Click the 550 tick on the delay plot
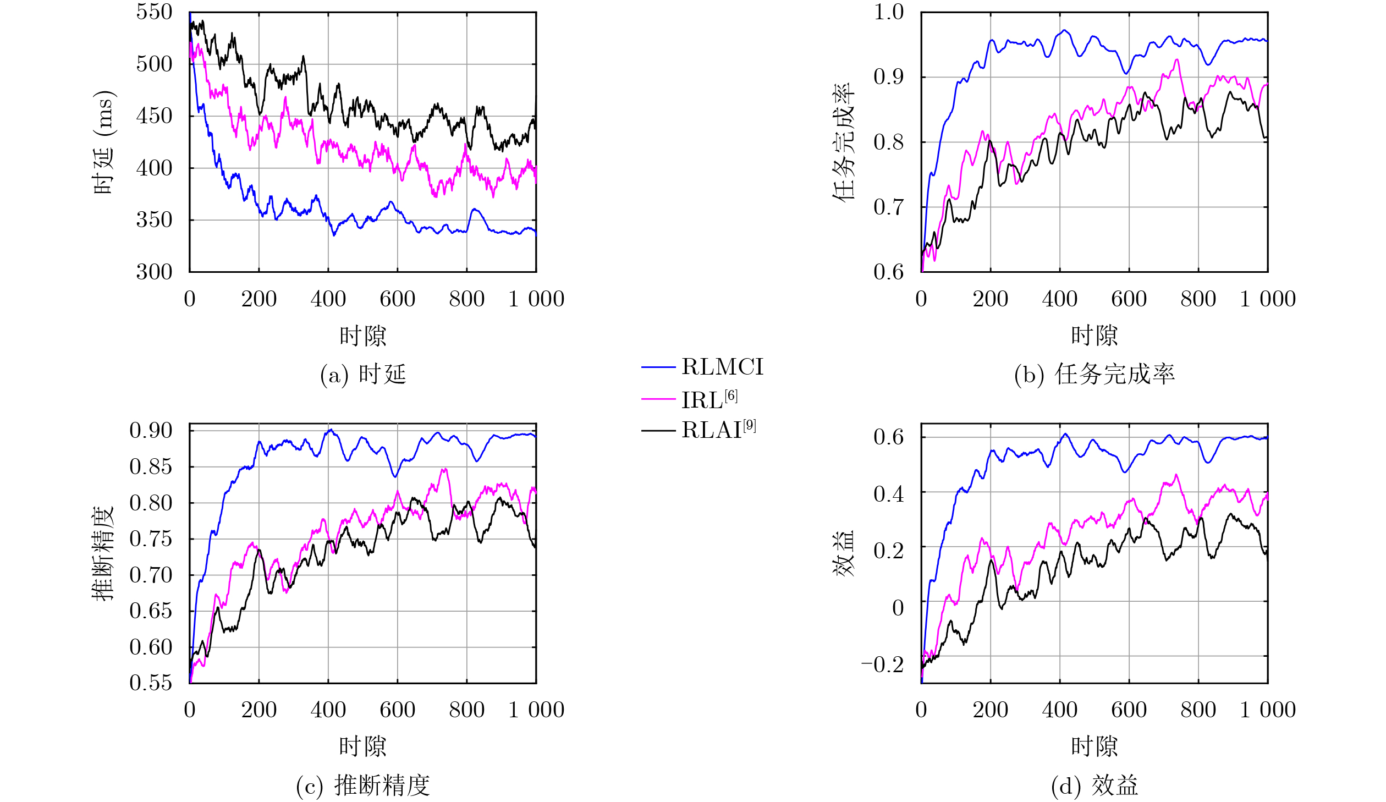[x=154, y=12]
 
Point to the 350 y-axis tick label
[x=154, y=220]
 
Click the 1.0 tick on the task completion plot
[x=888, y=12]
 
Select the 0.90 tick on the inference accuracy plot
[x=151, y=430]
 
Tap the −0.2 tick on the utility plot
[x=882, y=664]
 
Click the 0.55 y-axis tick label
[x=151, y=683]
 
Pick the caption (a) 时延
[x=363, y=375]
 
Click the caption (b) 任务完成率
[x=1094, y=375]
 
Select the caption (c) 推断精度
[x=363, y=785]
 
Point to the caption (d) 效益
[x=1094, y=785]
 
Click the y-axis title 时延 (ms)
[x=103, y=142]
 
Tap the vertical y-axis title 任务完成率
[x=843, y=142]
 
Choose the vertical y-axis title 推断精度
[x=103, y=553]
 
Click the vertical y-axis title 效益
[x=843, y=553]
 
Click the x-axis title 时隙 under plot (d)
[x=1094, y=746]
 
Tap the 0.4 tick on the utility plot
[x=888, y=494]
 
